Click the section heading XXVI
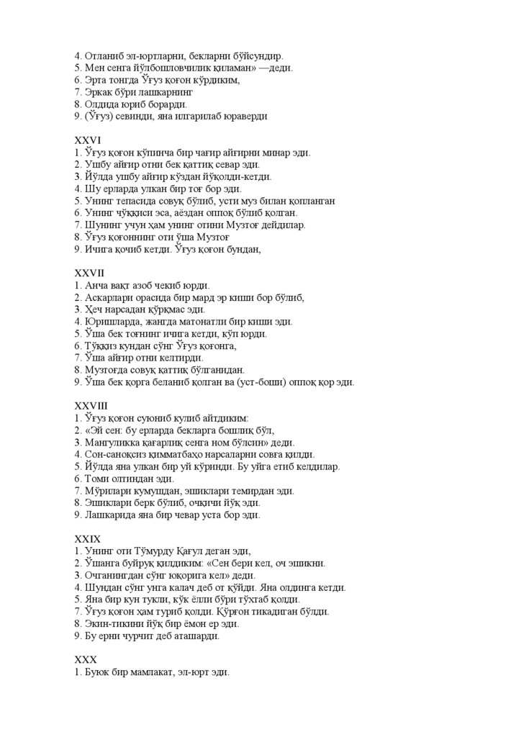[x=87, y=140]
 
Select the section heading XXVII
[x=90, y=273]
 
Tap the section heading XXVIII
[x=92, y=406]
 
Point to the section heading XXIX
[x=89, y=538]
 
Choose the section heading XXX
[x=86, y=660]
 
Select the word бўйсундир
[x=260, y=55]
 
